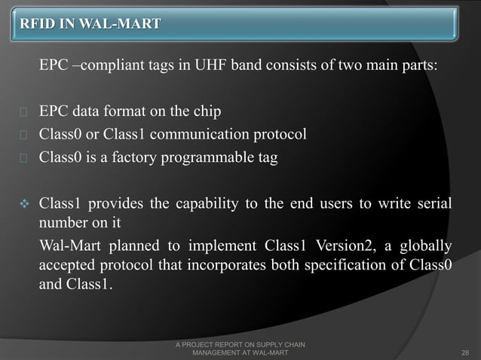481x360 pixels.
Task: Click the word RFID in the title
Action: click(x=38, y=23)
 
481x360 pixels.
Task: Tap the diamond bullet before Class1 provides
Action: click(x=23, y=204)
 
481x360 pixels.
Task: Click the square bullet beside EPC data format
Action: click(x=23, y=114)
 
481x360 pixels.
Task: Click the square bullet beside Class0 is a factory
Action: click(x=23, y=159)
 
